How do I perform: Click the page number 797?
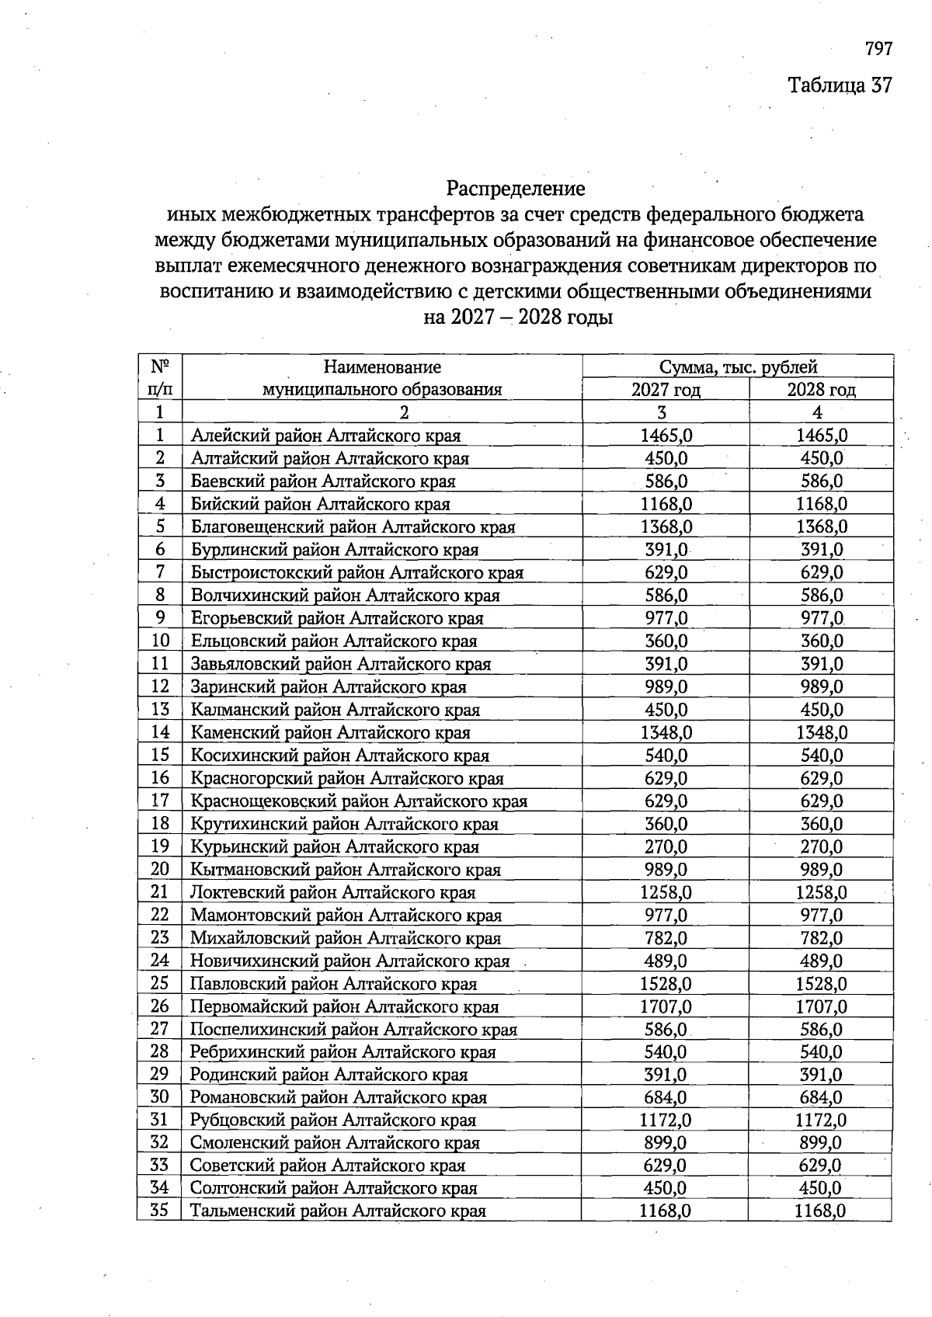[x=878, y=49]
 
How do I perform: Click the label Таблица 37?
[x=840, y=85]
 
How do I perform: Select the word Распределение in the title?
[x=515, y=189]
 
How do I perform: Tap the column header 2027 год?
[x=666, y=390]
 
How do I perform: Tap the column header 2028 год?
[x=821, y=390]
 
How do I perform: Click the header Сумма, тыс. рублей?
[x=738, y=367]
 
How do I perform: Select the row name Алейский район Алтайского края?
[x=326, y=436]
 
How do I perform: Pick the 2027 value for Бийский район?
[x=666, y=504]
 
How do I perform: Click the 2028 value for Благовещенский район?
[x=821, y=526]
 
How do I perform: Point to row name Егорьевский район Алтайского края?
[x=337, y=618]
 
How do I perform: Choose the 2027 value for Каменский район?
[x=666, y=732]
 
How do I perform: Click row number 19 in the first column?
[x=160, y=846]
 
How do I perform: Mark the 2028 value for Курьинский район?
[x=821, y=846]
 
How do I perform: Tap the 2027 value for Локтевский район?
[x=666, y=892]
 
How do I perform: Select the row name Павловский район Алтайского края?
[x=334, y=984]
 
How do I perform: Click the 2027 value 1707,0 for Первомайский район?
[x=666, y=1006]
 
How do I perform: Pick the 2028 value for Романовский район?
[x=821, y=1097]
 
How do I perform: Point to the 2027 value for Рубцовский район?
[x=666, y=1120]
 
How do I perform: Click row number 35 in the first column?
[x=160, y=1211]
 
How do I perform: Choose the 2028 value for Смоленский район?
[x=821, y=1142]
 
